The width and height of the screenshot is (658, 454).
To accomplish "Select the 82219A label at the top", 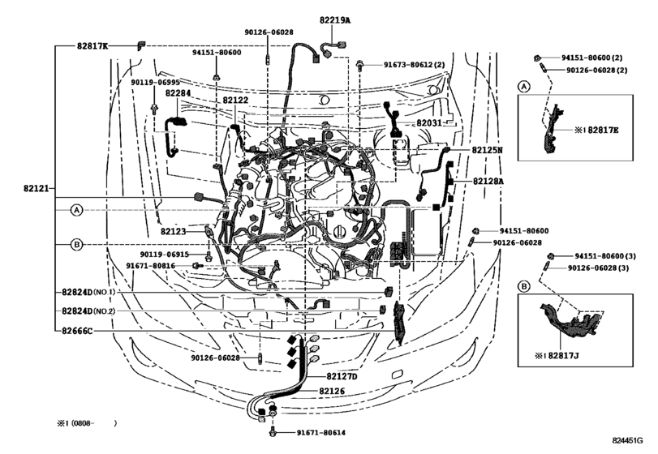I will pos(335,20).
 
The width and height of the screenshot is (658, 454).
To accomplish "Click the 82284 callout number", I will pos(178,93).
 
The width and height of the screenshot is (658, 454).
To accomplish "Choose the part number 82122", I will pos(235,101).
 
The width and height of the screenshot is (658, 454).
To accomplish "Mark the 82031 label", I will pos(430,123).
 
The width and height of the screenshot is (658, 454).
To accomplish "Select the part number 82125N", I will pos(488,150).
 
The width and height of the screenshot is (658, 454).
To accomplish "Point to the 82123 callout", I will pos(173,231).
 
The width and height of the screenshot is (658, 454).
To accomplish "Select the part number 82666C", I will pos(75,331).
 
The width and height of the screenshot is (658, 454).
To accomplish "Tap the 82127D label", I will pos(342,376).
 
